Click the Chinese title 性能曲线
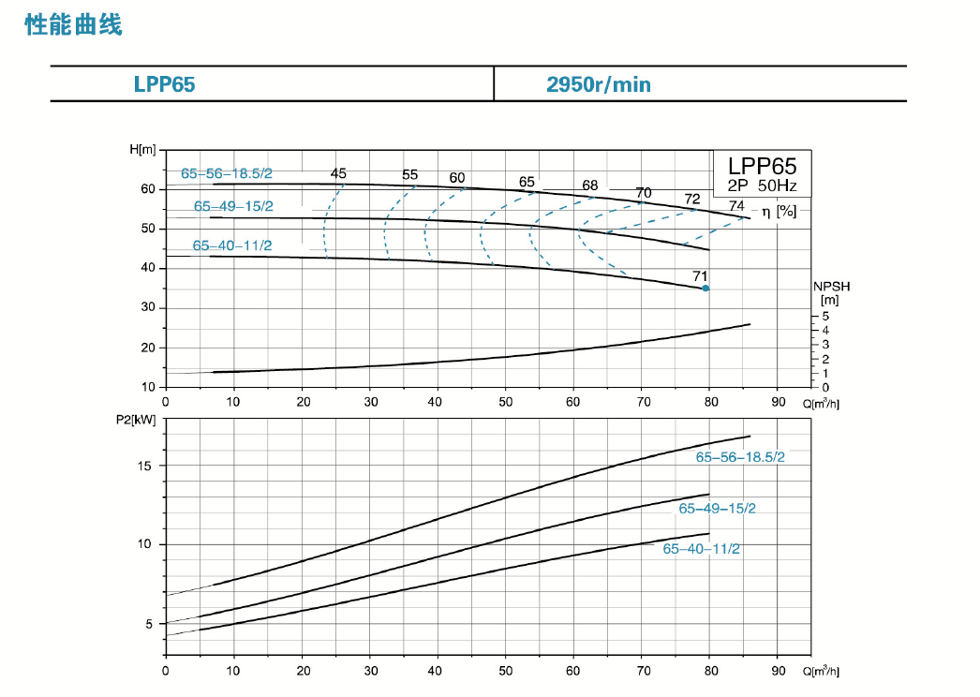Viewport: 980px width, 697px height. pos(74,25)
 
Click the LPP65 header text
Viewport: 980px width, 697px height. pos(164,84)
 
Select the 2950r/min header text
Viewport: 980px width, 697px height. pos(598,84)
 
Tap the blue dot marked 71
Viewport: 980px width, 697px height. pos(705,289)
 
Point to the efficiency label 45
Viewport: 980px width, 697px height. pos(338,173)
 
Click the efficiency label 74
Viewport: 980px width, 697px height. pos(736,205)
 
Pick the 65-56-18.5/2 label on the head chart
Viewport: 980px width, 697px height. pos(227,173)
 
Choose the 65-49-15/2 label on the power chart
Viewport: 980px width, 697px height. pos(717,508)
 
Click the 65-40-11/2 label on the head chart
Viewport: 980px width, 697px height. pos(232,245)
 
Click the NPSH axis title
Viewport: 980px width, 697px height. pos(829,287)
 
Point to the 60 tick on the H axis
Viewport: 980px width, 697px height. pos(147,189)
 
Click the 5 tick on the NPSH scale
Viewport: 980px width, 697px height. pos(825,316)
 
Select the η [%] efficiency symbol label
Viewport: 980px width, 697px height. pos(779,212)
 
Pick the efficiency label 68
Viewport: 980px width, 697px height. pos(589,185)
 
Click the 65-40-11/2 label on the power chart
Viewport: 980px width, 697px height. pos(701,549)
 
